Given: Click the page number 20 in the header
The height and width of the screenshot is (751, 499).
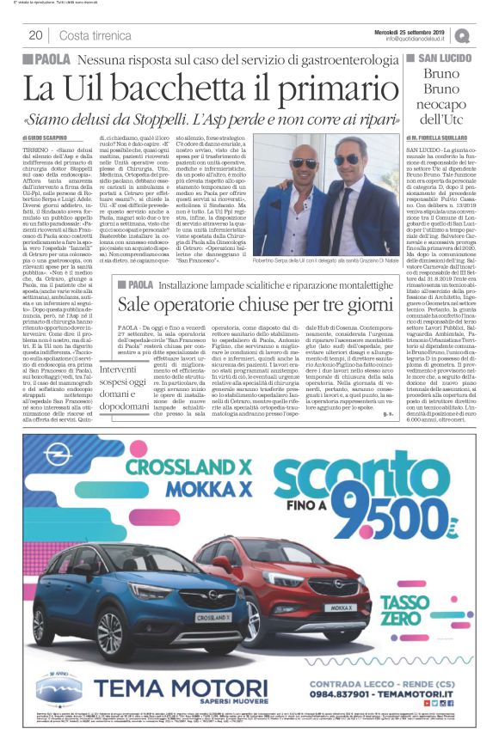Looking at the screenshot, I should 35,34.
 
